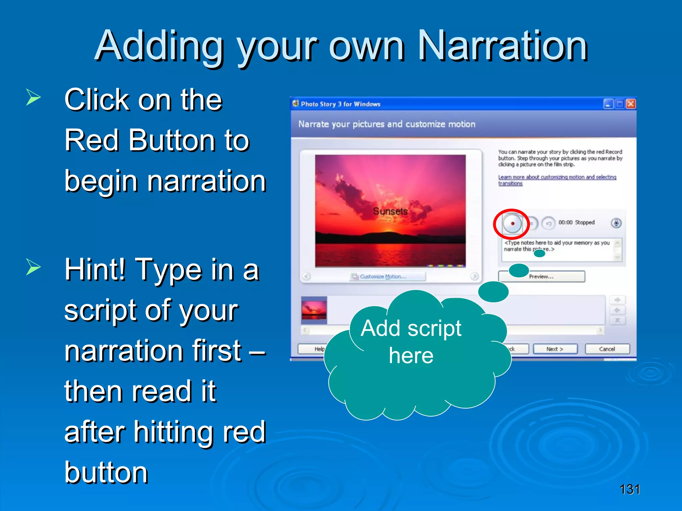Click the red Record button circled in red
point(512,223)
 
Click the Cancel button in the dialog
point(607,349)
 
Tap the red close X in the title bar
point(630,104)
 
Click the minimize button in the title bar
point(608,104)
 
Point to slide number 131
point(629,489)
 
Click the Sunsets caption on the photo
point(390,211)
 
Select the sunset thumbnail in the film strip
point(314,310)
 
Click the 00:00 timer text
point(565,222)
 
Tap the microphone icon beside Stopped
point(616,223)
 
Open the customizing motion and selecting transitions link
point(557,177)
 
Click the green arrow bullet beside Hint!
point(33,267)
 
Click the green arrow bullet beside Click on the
point(33,98)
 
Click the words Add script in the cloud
point(411,329)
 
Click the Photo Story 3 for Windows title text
point(340,104)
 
